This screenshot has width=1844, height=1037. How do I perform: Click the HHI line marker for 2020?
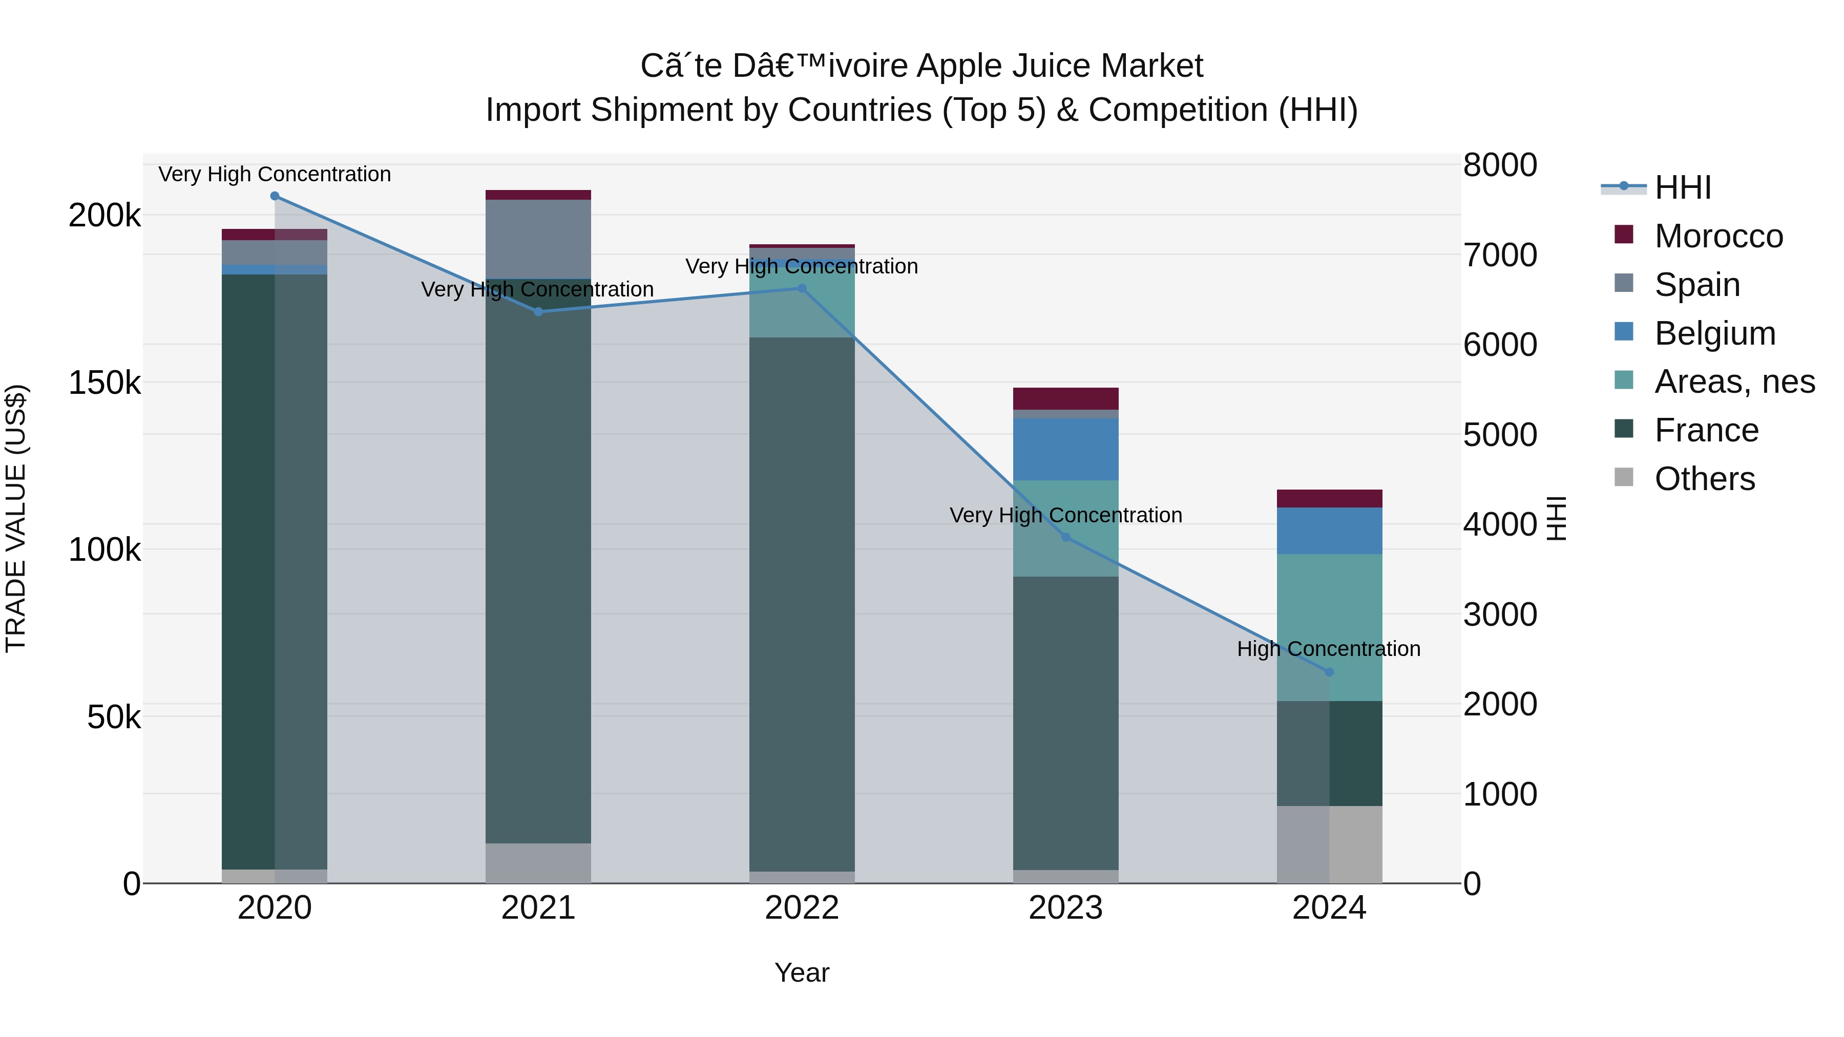click(x=275, y=196)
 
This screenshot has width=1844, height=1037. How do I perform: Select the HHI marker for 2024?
click(x=1329, y=672)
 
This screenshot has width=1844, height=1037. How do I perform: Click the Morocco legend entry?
click(x=1718, y=236)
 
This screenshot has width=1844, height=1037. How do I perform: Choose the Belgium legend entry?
click(x=1714, y=333)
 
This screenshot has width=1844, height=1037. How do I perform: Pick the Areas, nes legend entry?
click(x=1734, y=382)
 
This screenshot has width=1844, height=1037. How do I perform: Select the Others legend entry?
click(x=1704, y=479)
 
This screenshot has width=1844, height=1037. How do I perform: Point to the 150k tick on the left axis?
click(x=104, y=383)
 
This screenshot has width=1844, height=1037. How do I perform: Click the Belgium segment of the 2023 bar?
click(x=1065, y=450)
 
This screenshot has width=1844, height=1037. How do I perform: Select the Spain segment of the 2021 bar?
click(x=538, y=239)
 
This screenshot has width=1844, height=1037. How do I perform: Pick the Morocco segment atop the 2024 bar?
click(x=1329, y=499)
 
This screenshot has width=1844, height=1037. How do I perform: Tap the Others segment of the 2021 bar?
click(x=538, y=863)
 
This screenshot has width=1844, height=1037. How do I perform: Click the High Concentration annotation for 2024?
click(x=1329, y=649)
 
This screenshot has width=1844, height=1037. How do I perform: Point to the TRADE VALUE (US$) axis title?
click(x=16, y=518)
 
